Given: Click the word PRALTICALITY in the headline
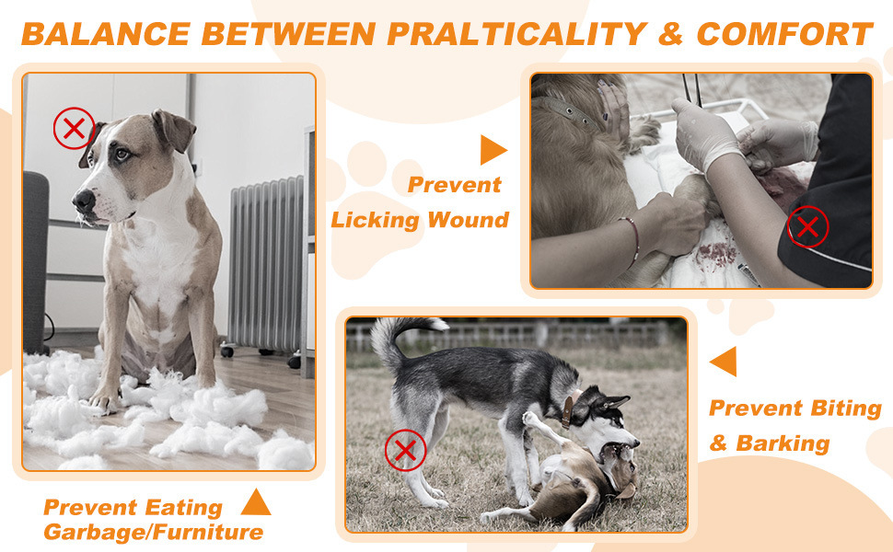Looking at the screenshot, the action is tap(517, 35).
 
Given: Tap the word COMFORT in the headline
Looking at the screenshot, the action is tap(784, 35).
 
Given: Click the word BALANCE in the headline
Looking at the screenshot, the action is tap(106, 35).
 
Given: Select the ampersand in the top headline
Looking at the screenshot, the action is tap(670, 35).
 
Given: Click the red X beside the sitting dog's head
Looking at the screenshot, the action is tap(74, 129).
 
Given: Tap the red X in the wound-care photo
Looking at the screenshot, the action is tap(807, 227).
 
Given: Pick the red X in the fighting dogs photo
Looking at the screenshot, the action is tap(405, 450).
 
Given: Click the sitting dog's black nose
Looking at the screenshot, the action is tap(84, 200).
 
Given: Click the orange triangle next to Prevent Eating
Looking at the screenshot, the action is tap(256, 503).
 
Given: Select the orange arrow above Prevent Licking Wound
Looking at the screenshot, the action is tap(493, 150).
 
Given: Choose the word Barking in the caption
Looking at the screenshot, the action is tap(783, 443).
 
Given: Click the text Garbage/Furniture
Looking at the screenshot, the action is tap(153, 532).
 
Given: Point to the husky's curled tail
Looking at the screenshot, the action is tap(393, 339).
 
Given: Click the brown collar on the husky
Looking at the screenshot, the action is tap(567, 412).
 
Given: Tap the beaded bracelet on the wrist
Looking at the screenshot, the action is tap(632, 241).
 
